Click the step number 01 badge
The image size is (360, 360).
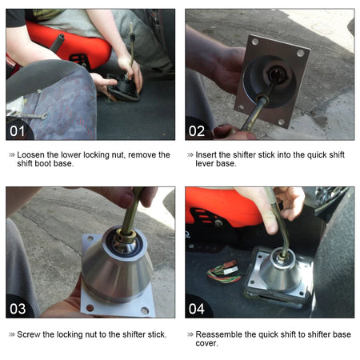pyautogui.click(x=18, y=131)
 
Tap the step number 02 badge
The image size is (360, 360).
pyautogui.click(x=197, y=131)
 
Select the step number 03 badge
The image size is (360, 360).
pyautogui.click(x=18, y=309)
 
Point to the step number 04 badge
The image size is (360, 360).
pyautogui.click(x=197, y=309)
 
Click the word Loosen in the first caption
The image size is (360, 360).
pyautogui.click(x=31, y=155)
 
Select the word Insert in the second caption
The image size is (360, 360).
pyautogui.click(x=206, y=155)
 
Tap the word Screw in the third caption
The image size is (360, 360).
pyautogui.click(x=29, y=334)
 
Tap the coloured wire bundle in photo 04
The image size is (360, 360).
pyautogui.click(x=225, y=273)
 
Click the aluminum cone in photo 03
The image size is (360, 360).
pyautogui.click(x=117, y=270)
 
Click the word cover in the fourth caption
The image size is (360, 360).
pyautogui.click(x=206, y=343)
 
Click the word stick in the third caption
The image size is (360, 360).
pyautogui.click(x=156, y=334)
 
